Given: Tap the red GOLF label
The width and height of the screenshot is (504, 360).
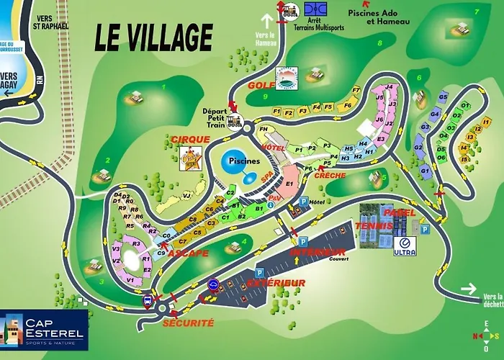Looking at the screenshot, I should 258,85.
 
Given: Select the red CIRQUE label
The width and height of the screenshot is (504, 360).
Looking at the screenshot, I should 191,139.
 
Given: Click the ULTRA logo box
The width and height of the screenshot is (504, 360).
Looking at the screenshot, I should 405,246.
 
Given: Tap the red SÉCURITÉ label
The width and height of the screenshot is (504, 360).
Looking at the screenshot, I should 188,323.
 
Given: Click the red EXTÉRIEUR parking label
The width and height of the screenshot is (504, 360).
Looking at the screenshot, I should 276,283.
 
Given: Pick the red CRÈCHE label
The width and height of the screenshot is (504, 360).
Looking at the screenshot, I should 330,175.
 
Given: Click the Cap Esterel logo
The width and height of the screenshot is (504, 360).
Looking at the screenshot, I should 44,329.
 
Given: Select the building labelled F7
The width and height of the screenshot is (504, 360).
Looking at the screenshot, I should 356,91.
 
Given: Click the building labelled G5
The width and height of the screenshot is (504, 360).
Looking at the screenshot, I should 443,96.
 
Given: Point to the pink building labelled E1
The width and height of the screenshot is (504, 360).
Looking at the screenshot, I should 289,184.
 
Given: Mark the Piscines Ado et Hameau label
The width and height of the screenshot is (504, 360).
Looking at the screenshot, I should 378,17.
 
